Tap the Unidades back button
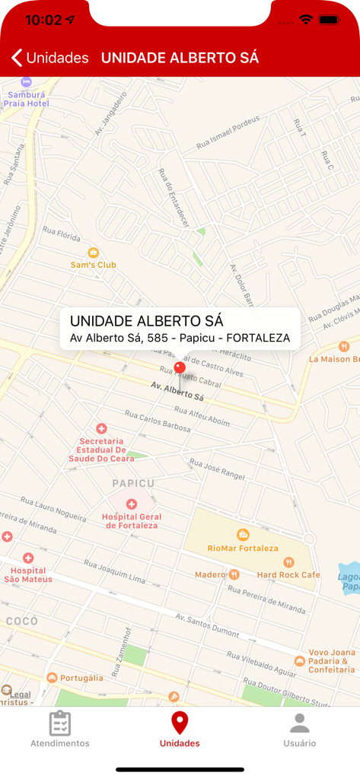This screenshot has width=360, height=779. pos(49,58)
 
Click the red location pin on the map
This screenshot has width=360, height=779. pos(180,368)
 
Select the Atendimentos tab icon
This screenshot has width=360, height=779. pos(59,723)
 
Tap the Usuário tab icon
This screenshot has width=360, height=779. pos(299,723)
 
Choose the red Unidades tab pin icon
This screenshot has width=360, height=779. pos(180,723)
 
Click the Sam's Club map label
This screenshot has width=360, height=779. pos(93,264)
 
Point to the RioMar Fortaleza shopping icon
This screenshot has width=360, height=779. pos(243,534)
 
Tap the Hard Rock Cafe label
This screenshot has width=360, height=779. pos(288,574)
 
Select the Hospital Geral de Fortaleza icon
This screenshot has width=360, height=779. pos(131,504)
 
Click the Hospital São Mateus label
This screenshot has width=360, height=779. pos(28,574)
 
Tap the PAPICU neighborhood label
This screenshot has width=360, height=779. pos(133,483)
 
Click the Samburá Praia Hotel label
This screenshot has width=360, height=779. pos(26,99)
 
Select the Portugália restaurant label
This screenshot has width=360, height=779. pos(81,678)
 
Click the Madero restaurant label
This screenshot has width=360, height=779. pos(210,574)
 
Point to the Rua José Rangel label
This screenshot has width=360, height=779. pos(217,469)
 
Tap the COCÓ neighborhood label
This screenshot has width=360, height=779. pos(21,621)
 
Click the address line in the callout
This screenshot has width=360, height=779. pos(180,338)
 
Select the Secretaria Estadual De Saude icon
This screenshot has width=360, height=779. pos(101,429)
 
